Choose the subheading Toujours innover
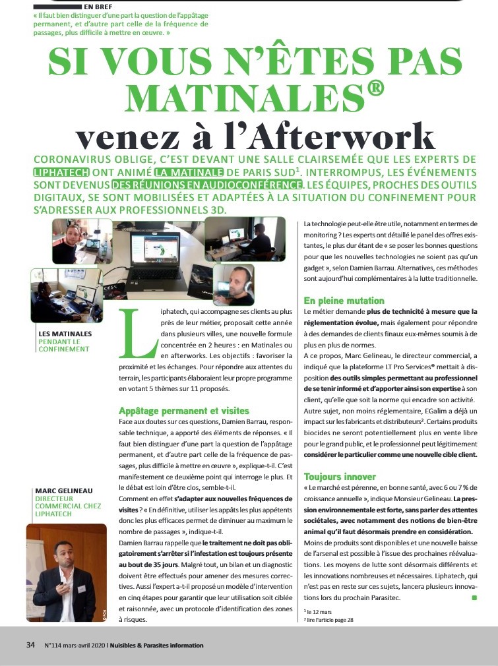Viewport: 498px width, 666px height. (340, 476)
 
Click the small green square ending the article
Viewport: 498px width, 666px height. (474, 597)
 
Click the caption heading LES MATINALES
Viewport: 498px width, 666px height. (65, 334)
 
